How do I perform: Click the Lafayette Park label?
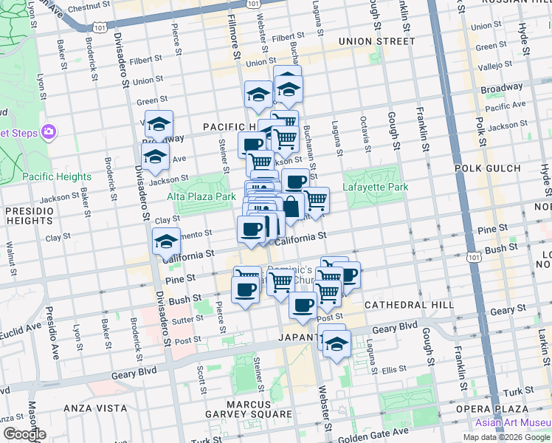(376, 188)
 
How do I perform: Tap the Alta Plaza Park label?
(201, 196)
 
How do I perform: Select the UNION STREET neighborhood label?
(377, 41)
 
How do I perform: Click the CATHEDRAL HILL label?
(396, 305)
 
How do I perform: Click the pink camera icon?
(49, 132)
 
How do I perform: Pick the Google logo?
(24, 434)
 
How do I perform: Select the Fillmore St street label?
(234, 37)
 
